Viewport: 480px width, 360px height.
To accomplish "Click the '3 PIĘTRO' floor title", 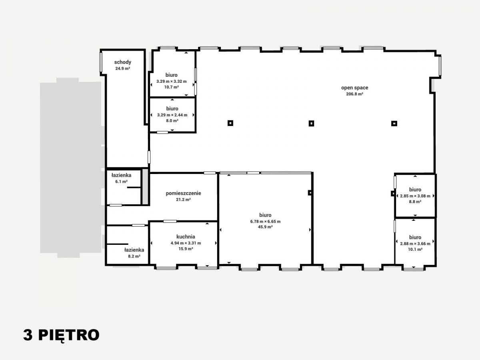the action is (61, 335).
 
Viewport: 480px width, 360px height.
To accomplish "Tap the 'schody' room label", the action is (123, 62).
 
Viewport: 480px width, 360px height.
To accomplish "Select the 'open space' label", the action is (354, 88).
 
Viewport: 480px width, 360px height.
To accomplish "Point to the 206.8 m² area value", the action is (354, 94).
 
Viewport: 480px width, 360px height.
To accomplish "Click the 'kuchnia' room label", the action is (186, 236).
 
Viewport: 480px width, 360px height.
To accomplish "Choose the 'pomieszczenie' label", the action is (183, 193).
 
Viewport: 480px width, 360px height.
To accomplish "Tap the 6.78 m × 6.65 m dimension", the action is (265, 222).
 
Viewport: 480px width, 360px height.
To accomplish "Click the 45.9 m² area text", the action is (265, 227).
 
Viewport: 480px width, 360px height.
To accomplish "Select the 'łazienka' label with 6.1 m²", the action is (121, 175).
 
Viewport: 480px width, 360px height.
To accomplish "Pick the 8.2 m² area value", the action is (134, 256).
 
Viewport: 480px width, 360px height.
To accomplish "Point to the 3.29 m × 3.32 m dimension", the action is (172, 82).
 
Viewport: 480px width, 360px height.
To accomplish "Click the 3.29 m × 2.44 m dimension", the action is (172, 115).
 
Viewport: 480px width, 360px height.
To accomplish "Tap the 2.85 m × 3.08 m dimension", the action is (415, 196).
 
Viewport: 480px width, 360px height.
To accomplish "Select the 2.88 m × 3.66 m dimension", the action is (415, 244).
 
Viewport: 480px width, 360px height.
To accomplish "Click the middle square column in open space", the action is (311, 124).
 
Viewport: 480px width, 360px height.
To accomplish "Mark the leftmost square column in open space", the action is (230, 123).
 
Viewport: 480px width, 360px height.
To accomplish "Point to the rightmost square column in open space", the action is (394, 124).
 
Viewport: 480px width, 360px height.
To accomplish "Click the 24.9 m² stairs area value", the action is (123, 68).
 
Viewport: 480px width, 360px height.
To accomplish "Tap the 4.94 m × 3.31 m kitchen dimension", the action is (186, 243).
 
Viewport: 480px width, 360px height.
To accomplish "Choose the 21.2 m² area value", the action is (183, 200).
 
